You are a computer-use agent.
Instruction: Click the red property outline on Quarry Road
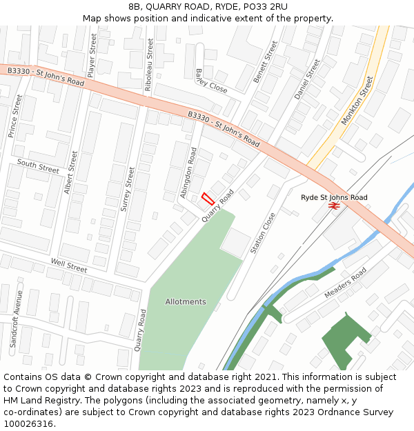click(x=206, y=199)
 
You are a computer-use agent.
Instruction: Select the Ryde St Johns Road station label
click(x=334, y=197)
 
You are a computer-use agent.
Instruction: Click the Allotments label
click(x=186, y=302)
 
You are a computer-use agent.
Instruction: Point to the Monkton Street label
click(x=357, y=101)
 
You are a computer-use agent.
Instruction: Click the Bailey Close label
click(x=210, y=81)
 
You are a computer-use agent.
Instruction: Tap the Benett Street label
click(x=265, y=62)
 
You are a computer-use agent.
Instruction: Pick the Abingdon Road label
click(x=188, y=173)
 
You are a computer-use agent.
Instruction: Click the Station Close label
click(x=263, y=233)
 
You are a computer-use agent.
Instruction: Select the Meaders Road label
click(x=346, y=283)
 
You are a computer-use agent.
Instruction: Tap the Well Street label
click(x=69, y=264)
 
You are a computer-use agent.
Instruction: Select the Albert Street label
click(x=70, y=172)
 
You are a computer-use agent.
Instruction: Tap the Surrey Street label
click(x=128, y=188)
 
